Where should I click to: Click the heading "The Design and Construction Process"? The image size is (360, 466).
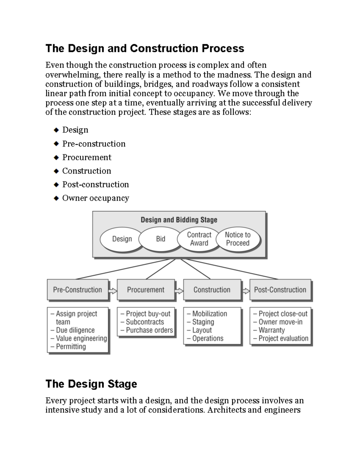pos(145,48)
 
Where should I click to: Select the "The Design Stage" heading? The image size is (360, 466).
pos(91,384)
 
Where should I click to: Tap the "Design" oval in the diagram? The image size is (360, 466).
pos(122,239)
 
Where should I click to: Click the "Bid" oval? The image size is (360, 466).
pos(160,239)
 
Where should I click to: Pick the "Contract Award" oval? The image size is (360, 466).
pos(199,239)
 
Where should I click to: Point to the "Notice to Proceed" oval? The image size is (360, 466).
pos(238,239)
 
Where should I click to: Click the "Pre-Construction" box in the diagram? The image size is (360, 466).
pos(77,290)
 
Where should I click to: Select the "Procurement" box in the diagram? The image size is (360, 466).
pos(145,290)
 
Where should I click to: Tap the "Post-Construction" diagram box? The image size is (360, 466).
pos(280,290)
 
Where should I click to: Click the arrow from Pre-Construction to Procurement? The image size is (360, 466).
pos(112,291)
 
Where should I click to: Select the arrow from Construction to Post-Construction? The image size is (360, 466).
pos(246,291)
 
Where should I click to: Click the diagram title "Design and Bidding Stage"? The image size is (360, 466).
pos(179,220)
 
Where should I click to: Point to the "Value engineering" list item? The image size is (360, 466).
pos(81,338)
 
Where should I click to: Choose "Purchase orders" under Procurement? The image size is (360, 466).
pos(149,330)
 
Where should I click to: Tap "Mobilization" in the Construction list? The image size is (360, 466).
pos(209,314)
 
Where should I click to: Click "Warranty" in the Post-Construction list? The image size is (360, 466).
pos(271,330)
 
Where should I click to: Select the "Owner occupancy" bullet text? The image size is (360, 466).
pos(95,198)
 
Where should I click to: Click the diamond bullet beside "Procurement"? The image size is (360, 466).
pos(56,158)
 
